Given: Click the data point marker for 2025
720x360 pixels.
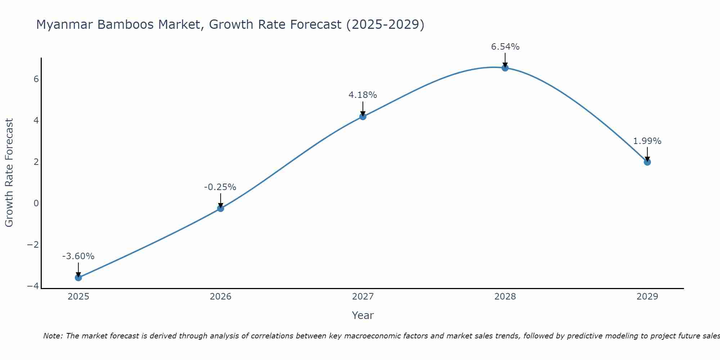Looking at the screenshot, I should click(x=78, y=278).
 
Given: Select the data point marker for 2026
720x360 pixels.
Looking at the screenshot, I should click(x=221, y=208).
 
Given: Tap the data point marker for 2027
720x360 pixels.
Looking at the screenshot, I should click(x=363, y=116).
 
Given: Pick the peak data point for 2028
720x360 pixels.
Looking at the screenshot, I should click(x=505, y=68).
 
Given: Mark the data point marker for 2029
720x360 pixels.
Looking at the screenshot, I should click(x=647, y=162).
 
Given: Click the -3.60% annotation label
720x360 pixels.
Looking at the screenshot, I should click(x=78, y=256).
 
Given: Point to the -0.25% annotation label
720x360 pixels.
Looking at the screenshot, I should click(x=220, y=187).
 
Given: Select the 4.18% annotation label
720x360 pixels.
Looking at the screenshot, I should click(x=363, y=95).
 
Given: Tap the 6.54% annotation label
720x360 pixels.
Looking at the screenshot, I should click(x=505, y=47).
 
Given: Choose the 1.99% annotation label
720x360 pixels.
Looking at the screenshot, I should click(x=647, y=141).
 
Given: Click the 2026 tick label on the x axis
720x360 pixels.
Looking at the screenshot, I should click(x=221, y=297).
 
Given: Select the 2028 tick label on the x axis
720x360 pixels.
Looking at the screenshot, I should click(x=505, y=297).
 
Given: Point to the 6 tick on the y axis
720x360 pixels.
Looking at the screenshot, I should click(x=36, y=79).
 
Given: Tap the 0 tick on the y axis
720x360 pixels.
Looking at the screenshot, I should click(x=36, y=203).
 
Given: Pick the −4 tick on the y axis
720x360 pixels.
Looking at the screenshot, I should click(x=33, y=286).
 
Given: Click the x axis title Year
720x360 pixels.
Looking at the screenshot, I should click(x=363, y=315).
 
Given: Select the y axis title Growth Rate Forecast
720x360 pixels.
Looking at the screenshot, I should click(x=9, y=173).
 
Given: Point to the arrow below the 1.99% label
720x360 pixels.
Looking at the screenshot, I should click(x=647, y=154).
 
